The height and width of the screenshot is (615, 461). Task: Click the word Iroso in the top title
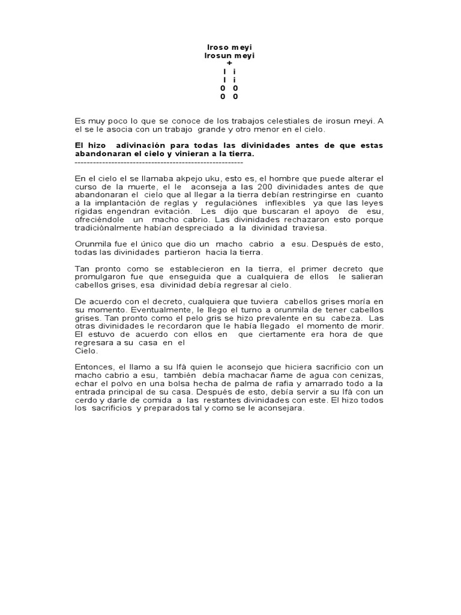click(217, 47)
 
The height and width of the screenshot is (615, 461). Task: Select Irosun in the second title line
click(218, 55)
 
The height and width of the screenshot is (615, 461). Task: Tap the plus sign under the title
click(229, 64)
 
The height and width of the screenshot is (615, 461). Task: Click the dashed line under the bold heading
click(158, 162)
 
